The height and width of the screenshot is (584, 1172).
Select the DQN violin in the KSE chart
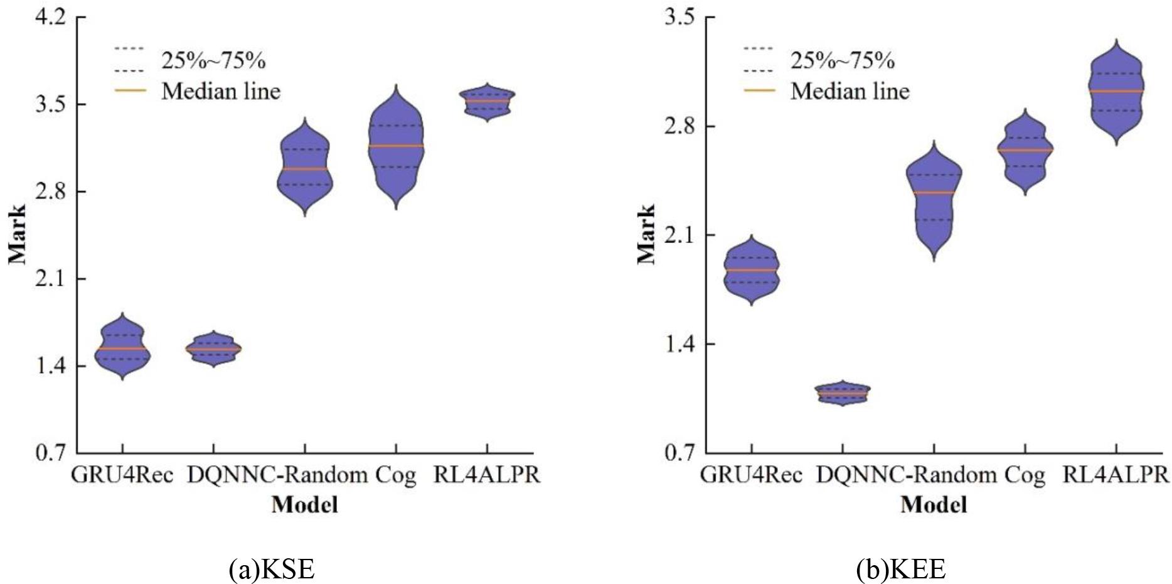point(213,349)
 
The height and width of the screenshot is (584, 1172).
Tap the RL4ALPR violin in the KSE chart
point(487,101)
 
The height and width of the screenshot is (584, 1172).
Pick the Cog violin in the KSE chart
point(395,146)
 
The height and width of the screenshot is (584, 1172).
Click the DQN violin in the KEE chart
point(843,393)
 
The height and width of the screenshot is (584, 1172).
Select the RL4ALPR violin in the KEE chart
point(1116,92)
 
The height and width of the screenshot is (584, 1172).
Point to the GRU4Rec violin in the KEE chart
point(752,270)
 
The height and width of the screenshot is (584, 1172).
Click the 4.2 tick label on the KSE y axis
point(51,18)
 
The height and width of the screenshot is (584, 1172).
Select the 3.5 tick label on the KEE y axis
point(680,18)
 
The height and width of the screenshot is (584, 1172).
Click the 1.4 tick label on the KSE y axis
point(51,366)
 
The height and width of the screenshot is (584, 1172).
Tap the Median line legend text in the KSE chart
point(221,92)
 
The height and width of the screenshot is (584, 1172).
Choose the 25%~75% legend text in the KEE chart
point(842,61)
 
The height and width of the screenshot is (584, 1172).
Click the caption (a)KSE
point(272,569)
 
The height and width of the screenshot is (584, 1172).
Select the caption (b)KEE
point(900,569)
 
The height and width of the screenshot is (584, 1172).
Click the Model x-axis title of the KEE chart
point(934,505)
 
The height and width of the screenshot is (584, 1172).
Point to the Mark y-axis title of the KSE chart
point(18,234)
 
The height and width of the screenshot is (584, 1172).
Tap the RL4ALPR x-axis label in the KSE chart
point(487,475)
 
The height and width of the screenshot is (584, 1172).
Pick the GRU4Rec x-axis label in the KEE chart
point(751,475)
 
